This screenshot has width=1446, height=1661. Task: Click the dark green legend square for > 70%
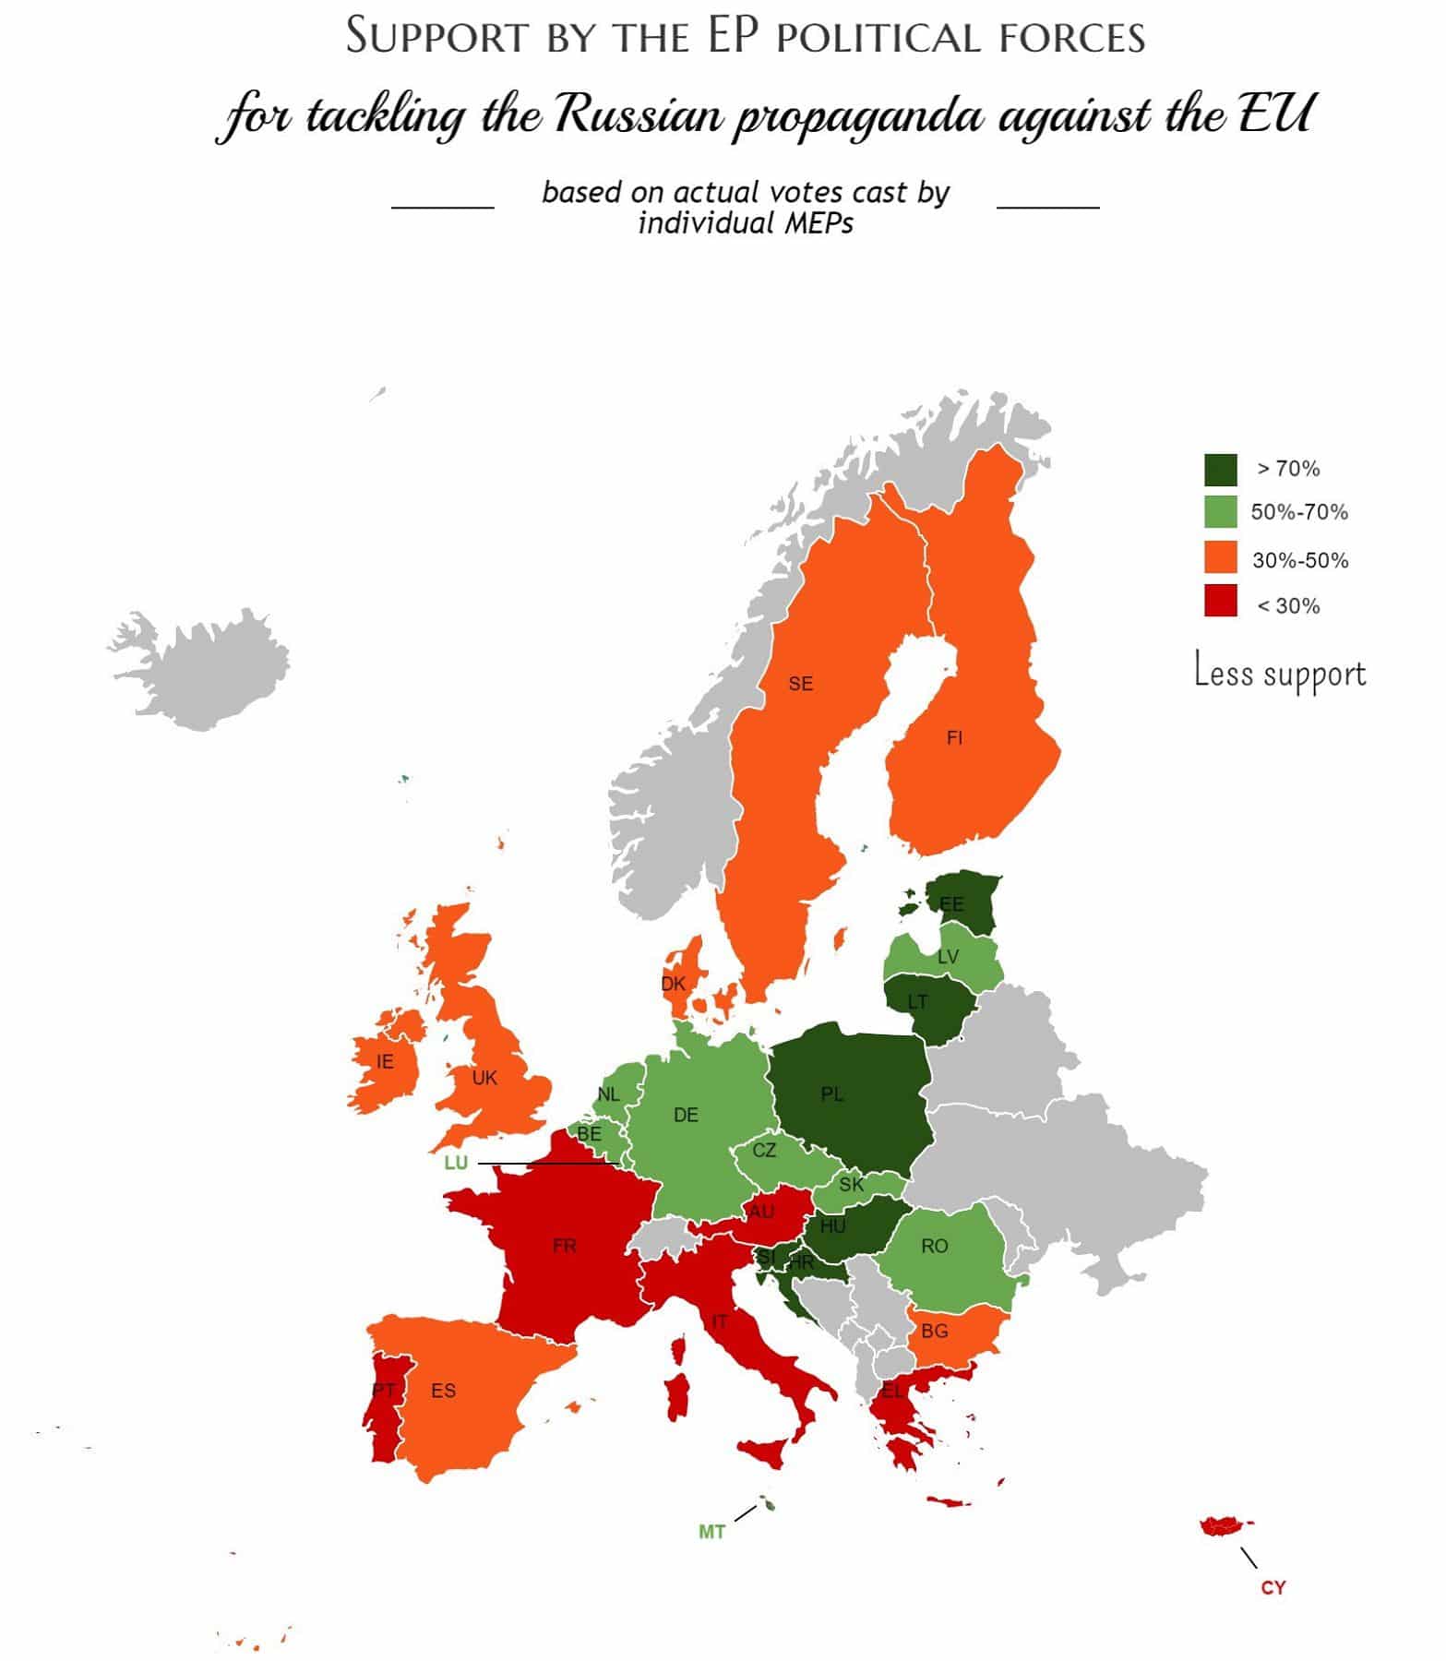1220,469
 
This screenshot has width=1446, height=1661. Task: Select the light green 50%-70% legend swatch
1220,512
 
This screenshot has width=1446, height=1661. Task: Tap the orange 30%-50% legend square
1220,559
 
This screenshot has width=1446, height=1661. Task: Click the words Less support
1279,673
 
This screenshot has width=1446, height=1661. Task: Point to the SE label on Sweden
800,684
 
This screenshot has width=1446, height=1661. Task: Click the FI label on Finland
954,737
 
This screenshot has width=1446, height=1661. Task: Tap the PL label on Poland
831,1094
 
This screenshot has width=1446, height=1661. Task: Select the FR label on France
564,1246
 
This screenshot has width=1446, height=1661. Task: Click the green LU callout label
456,1163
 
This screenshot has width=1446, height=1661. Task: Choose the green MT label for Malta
711,1532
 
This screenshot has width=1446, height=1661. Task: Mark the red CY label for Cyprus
1273,1588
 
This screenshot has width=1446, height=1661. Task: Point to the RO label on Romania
934,1247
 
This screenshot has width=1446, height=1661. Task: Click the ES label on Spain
443,1391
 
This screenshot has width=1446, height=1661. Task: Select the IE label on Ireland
385,1062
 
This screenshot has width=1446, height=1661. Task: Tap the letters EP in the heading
734,37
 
